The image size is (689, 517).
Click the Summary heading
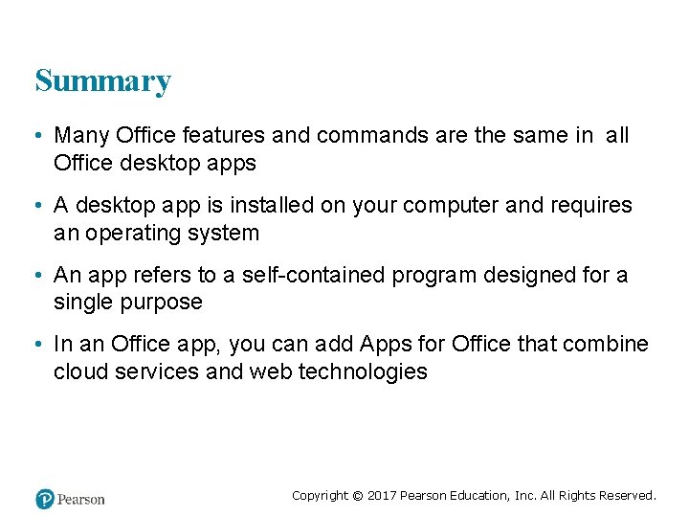click(102, 81)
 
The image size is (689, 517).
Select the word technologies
click(363, 371)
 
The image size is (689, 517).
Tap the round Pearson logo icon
click(44, 499)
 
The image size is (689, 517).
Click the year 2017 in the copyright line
click(381, 495)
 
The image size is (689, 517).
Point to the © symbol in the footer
click(357, 496)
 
